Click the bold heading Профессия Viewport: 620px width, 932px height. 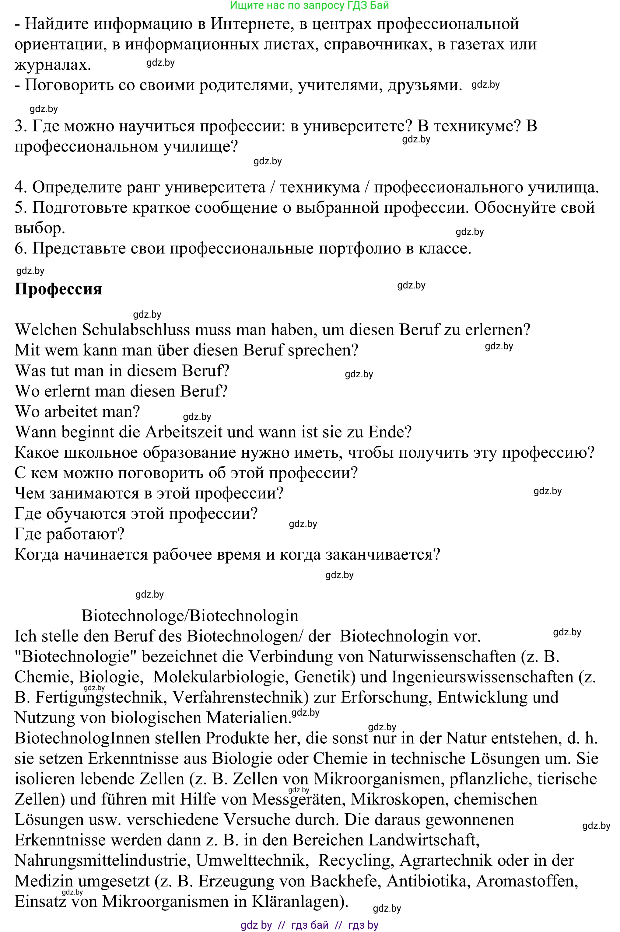tap(58, 289)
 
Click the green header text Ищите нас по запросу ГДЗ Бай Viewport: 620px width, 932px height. tap(309, 5)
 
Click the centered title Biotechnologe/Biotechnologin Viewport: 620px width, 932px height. tap(190, 616)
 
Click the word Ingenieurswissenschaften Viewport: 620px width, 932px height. tap(482, 677)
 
